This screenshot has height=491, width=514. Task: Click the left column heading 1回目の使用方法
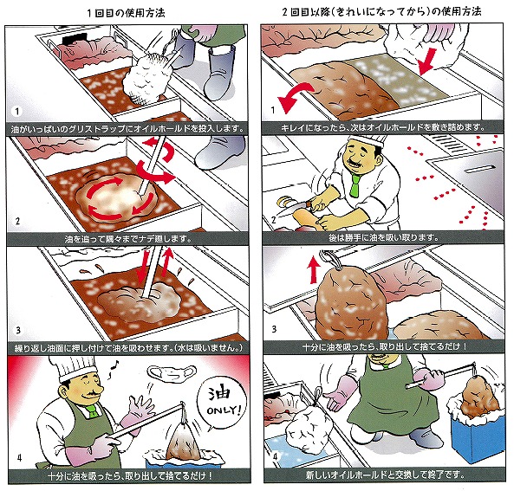[127, 13]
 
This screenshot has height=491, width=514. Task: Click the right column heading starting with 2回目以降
[382, 12]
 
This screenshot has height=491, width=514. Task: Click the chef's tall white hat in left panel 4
[75, 369]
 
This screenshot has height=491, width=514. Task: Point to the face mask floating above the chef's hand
[172, 372]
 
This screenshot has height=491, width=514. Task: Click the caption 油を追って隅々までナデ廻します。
[127, 239]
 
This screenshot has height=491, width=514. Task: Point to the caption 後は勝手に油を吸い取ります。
[383, 237]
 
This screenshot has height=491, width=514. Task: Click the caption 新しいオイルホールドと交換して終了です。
[386, 475]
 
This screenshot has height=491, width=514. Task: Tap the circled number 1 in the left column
[16, 112]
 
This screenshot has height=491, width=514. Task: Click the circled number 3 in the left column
[18, 330]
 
